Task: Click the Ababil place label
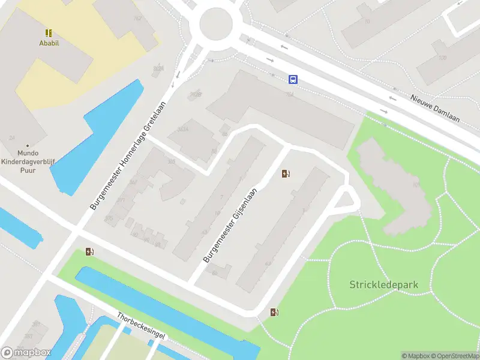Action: pos(48,43)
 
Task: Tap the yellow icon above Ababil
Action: pos(48,33)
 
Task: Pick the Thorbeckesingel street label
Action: pos(140,326)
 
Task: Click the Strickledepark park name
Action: pos(383,284)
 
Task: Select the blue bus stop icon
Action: pos(293,79)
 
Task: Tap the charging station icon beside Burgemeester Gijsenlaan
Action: pos(286,174)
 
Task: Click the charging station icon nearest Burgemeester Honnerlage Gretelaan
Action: pos(89,252)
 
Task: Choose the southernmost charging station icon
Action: pos(274,312)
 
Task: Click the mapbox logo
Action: pos(26,353)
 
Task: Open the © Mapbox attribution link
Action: pos(415,356)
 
